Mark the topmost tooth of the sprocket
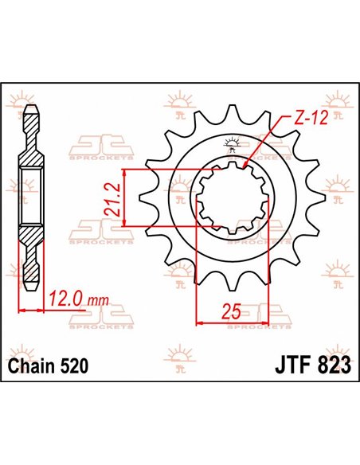234,111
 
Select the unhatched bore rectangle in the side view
31,198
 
